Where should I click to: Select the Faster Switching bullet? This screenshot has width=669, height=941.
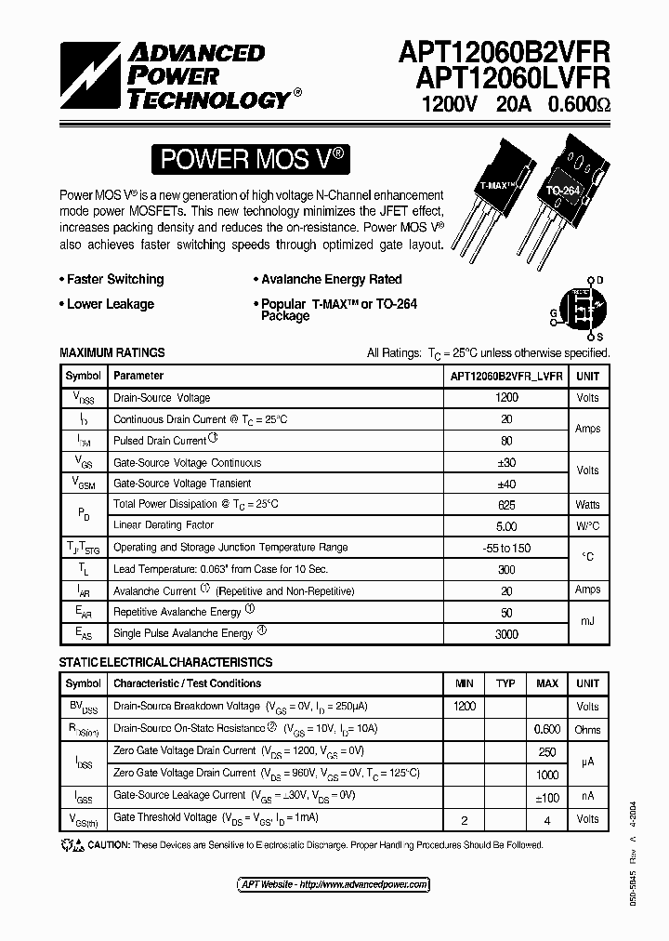point(114,279)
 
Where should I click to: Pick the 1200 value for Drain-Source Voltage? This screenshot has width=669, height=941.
point(506,397)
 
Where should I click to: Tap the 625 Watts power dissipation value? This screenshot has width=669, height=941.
point(506,504)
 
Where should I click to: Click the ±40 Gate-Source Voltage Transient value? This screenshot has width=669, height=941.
point(506,483)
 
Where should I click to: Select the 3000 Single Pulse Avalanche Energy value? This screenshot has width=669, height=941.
point(506,632)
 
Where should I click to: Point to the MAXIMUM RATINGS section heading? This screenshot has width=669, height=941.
point(111,353)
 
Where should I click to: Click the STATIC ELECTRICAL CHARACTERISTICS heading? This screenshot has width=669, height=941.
point(165,662)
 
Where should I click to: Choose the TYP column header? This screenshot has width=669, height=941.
point(505,683)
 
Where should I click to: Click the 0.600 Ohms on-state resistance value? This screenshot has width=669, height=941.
point(547,729)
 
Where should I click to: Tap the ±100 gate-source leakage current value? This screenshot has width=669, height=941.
point(547,796)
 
